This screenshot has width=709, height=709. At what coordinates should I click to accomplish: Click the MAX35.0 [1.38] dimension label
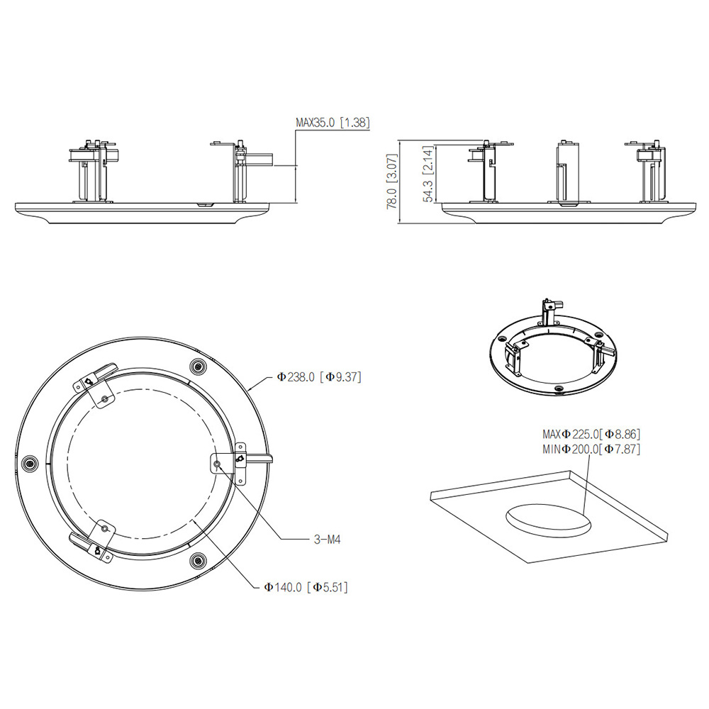pyautogui.click(x=333, y=123)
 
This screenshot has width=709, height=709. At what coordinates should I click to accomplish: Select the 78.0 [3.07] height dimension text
pyautogui.click(x=392, y=182)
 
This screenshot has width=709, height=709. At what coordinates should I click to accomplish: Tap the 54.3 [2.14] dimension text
pyautogui.click(x=428, y=174)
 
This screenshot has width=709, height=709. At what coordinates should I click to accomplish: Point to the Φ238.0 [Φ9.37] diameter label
pyautogui.click(x=319, y=376)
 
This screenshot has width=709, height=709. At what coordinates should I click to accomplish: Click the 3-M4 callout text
pyautogui.click(x=327, y=539)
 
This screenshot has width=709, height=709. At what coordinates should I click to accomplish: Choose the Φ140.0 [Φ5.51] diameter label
pyautogui.click(x=306, y=587)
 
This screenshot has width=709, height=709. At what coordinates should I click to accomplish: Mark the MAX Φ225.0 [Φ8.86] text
pyautogui.click(x=591, y=434)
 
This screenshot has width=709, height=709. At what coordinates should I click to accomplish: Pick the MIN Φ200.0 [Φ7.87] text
pyautogui.click(x=591, y=449)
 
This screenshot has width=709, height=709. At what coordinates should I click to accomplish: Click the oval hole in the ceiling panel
pyautogui.click(x=548, y=521)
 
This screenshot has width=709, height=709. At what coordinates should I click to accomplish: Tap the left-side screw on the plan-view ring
pyautogui.click(x=29, y=464)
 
